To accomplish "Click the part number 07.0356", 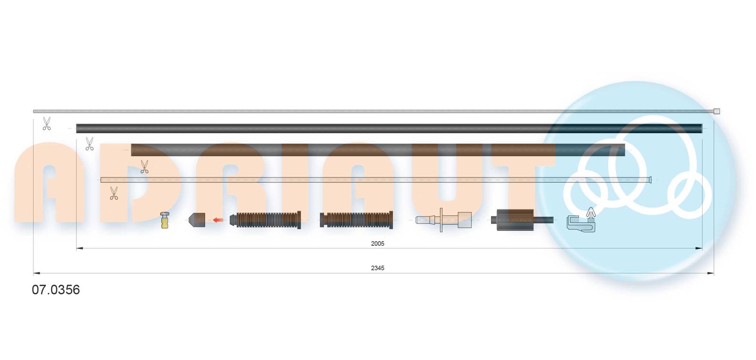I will click(x=56, y=290).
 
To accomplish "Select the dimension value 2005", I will click(x=378, y=244).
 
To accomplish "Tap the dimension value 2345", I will click(x=378, y=268).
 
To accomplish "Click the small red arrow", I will click(x=218, y=220).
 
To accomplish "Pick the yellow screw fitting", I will click(x=164, y=220).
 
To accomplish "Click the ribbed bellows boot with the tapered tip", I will click(x=266, y=220).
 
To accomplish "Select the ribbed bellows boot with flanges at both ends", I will click(x=356, y=220).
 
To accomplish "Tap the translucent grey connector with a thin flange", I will click(x=444, y=220).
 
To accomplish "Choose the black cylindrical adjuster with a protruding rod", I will click(x=520, y=220).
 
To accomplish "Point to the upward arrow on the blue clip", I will click(x=590, y=214).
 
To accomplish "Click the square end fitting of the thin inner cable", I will click(x=716, y=111).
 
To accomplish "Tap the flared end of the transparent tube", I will click(x=651, y=180).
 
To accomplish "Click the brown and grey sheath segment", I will click(x=378, y=150).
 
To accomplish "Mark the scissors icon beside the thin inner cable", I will click(x=46, y=124).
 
